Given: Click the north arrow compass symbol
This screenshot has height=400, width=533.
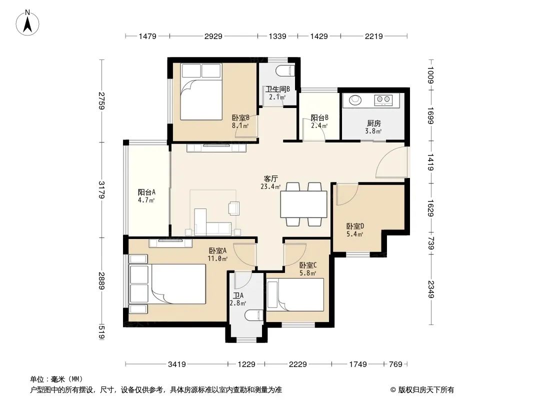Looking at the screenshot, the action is tap(27, 23).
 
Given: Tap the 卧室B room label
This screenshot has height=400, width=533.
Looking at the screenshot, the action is tap(240, 117).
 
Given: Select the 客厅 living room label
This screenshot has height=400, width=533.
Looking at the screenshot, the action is tap(271, 179).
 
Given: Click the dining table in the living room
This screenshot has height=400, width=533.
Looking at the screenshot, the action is tap(303, 204).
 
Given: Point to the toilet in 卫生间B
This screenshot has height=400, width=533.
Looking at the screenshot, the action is tap(285, 71).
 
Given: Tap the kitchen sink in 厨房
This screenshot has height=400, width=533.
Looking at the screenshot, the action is tap(355, 100).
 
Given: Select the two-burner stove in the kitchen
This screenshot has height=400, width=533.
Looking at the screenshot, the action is tap(383, 99).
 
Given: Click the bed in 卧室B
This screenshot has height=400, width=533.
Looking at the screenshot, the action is tap(201, 92).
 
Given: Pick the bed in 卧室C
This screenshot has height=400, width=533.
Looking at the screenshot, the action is tap(295, 295).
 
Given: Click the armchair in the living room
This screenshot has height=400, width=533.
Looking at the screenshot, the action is tap(234, 208).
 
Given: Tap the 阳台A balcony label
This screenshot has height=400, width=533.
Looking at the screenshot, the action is tap(146, 192).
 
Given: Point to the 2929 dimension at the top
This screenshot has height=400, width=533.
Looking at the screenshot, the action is tap(213, 36).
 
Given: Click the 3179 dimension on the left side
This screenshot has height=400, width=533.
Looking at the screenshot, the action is tap(101, 189).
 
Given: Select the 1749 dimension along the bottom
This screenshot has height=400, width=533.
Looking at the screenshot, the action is tap(358, 364).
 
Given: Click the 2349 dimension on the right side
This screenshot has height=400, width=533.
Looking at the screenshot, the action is tap(430, 289).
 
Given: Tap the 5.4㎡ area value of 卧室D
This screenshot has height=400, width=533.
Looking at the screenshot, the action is tap(355, 234).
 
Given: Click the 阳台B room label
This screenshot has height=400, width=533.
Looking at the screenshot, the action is tap(319, 117).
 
